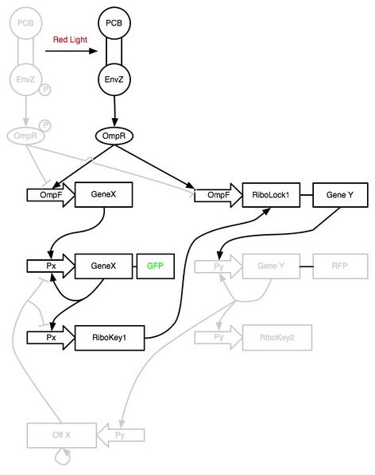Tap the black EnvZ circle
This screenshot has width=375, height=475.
click(x=113, y=79)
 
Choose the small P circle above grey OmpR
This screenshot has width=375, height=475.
click(x=44, y=125)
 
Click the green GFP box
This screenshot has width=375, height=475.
click(x=154, y=266)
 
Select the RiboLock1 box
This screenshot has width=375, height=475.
click(x=271, y=194)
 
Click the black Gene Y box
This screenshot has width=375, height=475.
click(x=335, y=194)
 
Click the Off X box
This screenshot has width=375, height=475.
click(x=61, y=435)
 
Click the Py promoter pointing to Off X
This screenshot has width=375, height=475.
click(x=122, y=435)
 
